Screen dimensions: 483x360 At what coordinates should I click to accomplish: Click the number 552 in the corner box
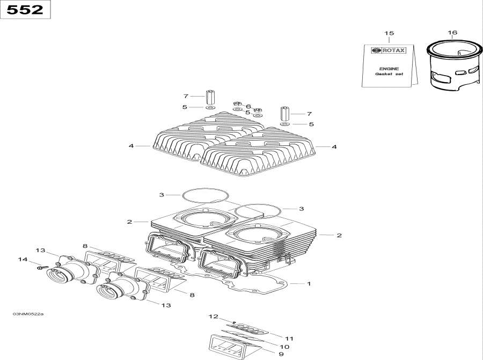[x=25, y=10]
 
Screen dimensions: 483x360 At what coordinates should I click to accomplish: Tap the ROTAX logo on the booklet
[x=389, y=50]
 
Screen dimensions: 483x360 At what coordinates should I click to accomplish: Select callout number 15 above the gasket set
[x=389, y=33]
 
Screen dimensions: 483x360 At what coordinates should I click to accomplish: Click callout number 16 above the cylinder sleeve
[x=452, y=32]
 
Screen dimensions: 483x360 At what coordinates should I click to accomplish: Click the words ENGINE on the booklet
[x=389, y=69]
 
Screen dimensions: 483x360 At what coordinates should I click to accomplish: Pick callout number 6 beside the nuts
[x=248, y=107]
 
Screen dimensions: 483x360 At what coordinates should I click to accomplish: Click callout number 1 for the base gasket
[x=309, y=284]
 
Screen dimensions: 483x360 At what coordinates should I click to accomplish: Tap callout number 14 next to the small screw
[x=23, y=259]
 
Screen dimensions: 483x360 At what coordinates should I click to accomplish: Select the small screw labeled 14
[x=42, y=267]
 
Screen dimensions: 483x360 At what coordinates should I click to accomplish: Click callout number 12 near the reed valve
[x=213, y=316]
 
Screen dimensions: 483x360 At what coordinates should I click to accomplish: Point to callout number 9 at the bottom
[x=281, y=354]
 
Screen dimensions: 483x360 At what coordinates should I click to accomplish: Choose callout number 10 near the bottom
[x=284, y=347]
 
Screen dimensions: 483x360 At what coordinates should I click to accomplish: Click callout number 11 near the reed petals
[x=289, y=339]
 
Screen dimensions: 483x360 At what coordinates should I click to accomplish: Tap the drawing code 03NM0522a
[x=28, y=314]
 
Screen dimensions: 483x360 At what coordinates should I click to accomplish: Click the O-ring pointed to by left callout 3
[x=206, y=188]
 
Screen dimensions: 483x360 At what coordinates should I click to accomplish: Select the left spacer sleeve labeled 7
[x=210, y=97]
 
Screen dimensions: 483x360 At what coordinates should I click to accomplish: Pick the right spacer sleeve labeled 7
[x=284, y=114]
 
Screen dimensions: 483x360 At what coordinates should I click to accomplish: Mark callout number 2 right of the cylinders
[x=339, y=236]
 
